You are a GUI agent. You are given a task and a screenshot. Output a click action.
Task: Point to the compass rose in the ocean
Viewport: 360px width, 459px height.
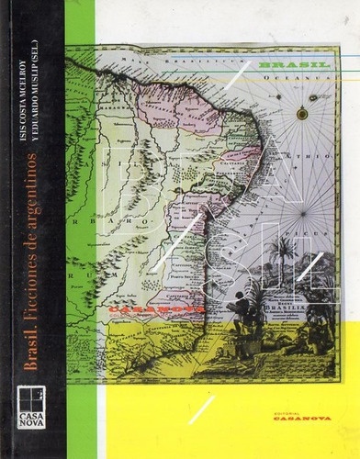point(302,114)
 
